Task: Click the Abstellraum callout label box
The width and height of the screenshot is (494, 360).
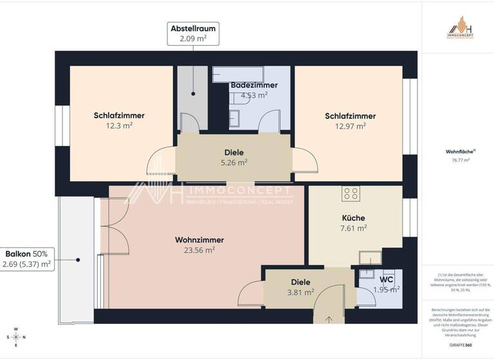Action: pyautogui.click(x=192, y=33)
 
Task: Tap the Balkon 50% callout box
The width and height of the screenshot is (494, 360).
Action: pyautogui.click(x=28, y=258)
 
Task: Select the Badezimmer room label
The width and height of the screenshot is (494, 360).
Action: pyautogui.click(x=254, y=85)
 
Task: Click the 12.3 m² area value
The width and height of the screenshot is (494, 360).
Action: pyautogui.click(x=119, y=126)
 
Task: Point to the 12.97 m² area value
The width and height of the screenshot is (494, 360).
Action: pyautogui.click(x=350, y=127)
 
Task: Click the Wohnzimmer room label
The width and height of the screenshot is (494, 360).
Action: pyautogui.click(x=199, y=240)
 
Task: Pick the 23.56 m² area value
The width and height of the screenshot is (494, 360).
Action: pyautogui.click(x=199, y=251)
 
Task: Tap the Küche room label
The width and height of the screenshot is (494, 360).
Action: pyautogui.click(x=354, y=217)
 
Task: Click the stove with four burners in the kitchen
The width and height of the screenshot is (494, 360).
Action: pyautogui.click(x=351, y=194)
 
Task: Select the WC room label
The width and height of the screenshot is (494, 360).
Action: pyautogui.click(x=386, y=280)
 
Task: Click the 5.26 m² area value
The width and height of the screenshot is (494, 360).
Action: pyautogui.click(x=234, y=163)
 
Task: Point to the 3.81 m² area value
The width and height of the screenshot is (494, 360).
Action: pyautogui.click(x=300, y=292)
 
